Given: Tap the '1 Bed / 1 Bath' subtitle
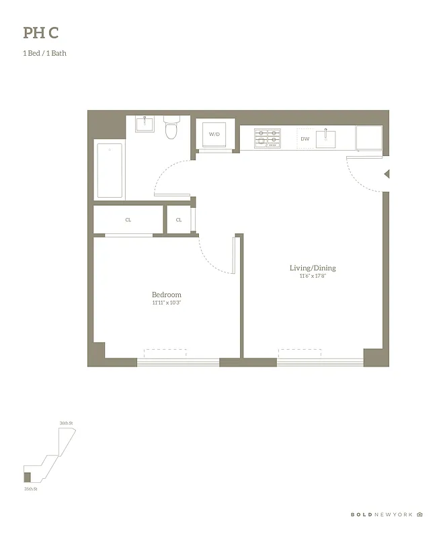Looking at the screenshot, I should [x=44, y=53].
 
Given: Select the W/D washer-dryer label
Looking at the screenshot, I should [x=214, y=134].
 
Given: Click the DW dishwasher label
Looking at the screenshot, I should [x=305, y=139].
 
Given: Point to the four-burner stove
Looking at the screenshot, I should [x=267, y=139].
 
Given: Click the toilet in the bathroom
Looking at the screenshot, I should [x=171, y=128].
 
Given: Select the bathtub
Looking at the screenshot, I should [x=110, y=169].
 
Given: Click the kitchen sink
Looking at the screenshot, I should [x=327, y=138].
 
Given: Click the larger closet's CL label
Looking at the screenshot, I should [x=128, y=220].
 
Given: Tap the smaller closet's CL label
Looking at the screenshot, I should [x=179, y=220].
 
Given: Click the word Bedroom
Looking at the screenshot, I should [x=166, y=295].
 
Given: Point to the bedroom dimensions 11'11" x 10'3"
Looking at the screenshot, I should [x=166, y=303].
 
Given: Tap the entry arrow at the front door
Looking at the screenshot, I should [x=386, y=175].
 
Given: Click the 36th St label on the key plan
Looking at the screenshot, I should [x=66, y=422].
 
